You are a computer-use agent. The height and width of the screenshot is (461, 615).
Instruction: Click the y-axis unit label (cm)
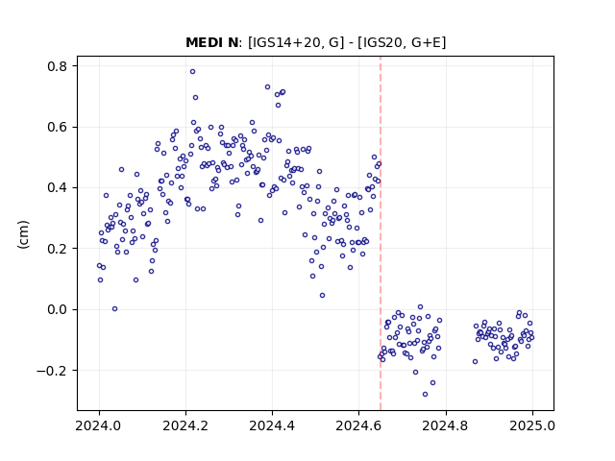tap(23, 234)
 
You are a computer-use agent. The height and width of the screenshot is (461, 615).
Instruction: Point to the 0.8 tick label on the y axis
tap(58, 66)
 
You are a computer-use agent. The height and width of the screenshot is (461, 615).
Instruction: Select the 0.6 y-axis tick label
tap(58, 127)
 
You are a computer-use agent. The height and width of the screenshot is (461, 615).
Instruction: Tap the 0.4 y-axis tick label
tap(58, 188)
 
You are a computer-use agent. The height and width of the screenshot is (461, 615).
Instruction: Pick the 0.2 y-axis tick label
tap(58, 249)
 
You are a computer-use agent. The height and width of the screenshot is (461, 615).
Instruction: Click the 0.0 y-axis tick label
tap(58, 309)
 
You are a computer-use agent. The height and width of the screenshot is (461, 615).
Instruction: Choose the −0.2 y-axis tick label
tap(52, 370)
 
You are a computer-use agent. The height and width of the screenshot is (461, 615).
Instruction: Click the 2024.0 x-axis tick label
tap(99, 425)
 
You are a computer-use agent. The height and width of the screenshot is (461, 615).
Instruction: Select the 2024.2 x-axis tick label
tap(185, 425)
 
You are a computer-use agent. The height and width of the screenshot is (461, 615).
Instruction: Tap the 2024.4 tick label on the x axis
tap(272, 425)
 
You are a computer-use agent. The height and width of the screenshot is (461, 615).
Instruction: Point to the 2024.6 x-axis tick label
tap(358, 425)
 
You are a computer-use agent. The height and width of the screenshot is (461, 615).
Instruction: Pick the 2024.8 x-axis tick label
tap(446, 425)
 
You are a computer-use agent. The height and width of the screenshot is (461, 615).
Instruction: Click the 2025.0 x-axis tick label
tap(532, 425)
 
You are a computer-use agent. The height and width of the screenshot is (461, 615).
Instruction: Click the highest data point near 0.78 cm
tap(192, 71)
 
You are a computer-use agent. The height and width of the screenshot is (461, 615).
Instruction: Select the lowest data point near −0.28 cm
tap(425, 394)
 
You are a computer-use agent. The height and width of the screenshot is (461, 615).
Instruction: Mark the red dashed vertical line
tap(381, 233)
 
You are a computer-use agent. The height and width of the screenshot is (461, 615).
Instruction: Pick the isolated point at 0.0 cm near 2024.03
tap(114, 308)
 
